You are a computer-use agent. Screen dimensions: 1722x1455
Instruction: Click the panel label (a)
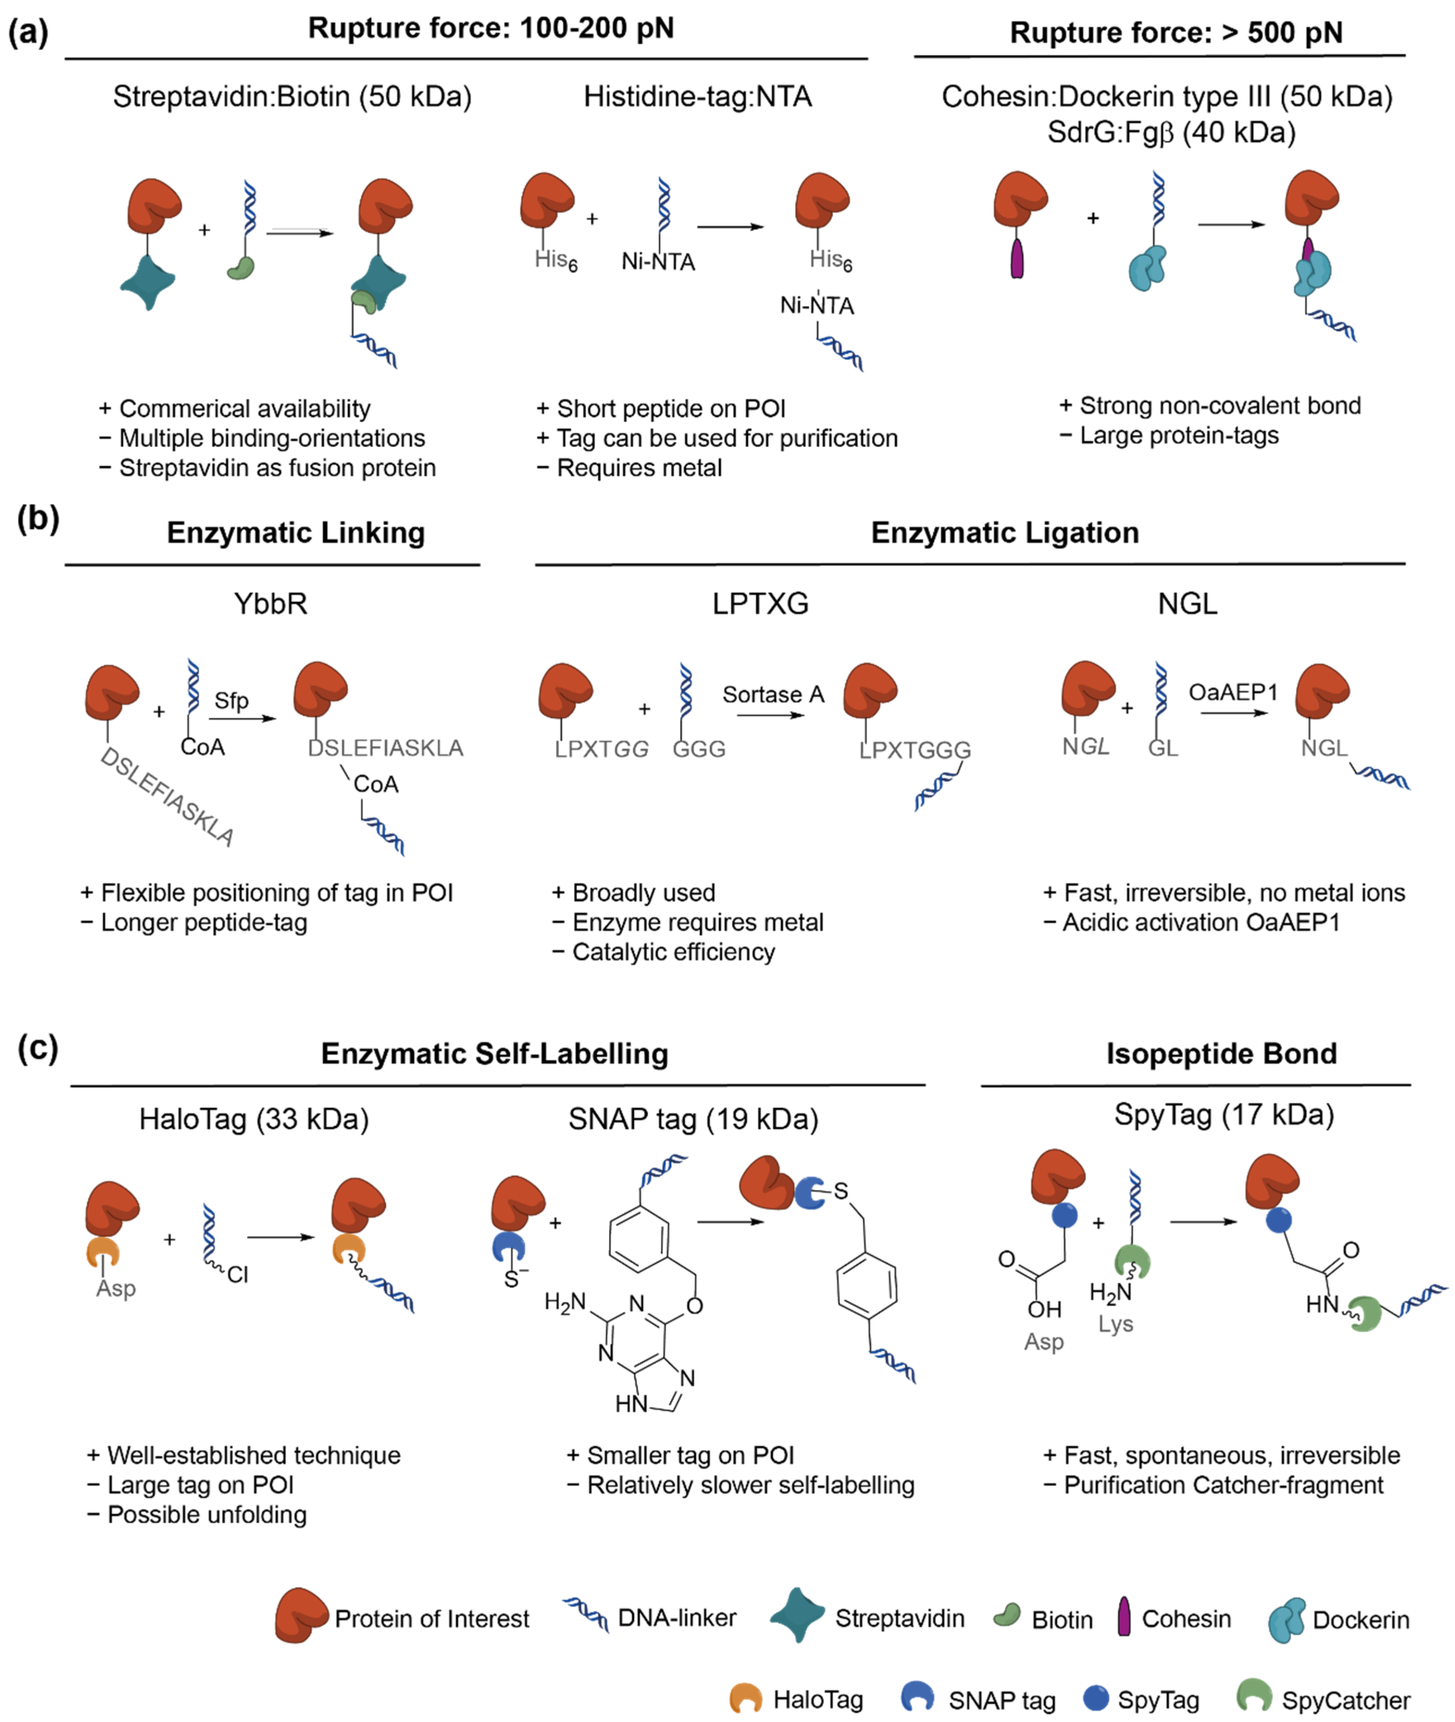tap(28, 33)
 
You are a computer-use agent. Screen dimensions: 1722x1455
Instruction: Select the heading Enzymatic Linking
tap(295, 533)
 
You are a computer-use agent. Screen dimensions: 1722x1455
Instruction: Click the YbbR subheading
tap(271, 604)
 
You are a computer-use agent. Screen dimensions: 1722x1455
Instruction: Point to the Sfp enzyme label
tap(231, 700)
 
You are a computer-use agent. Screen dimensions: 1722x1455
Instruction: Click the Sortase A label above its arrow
tap(773, 695)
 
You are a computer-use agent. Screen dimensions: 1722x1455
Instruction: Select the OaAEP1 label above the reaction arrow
tap(1232, 692)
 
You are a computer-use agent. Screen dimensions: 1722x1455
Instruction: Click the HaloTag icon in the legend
tap(745, 1697)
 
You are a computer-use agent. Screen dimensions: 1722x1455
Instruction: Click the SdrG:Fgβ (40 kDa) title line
tap(1171, 132)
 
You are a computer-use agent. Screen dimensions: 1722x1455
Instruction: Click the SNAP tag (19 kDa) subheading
tap(693, 1119)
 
